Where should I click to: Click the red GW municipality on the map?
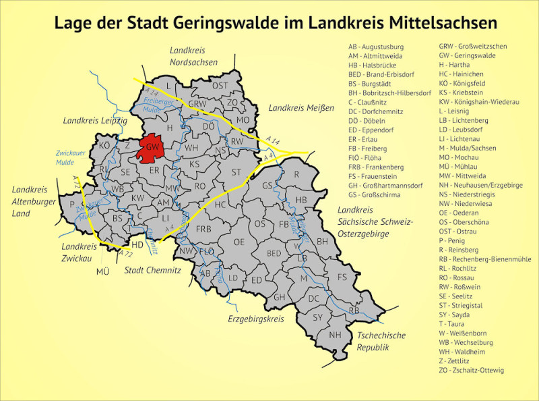click(152, 149)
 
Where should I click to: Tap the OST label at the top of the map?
click(220, 86)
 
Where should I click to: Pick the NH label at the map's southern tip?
click(335, 335)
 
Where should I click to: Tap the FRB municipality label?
click(203, 229)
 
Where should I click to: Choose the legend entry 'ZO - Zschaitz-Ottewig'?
click(471, 371)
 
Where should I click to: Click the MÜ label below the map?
click(102, 271)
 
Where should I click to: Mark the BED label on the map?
click(274, 253)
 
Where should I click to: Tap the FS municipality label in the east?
click(342, 277)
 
